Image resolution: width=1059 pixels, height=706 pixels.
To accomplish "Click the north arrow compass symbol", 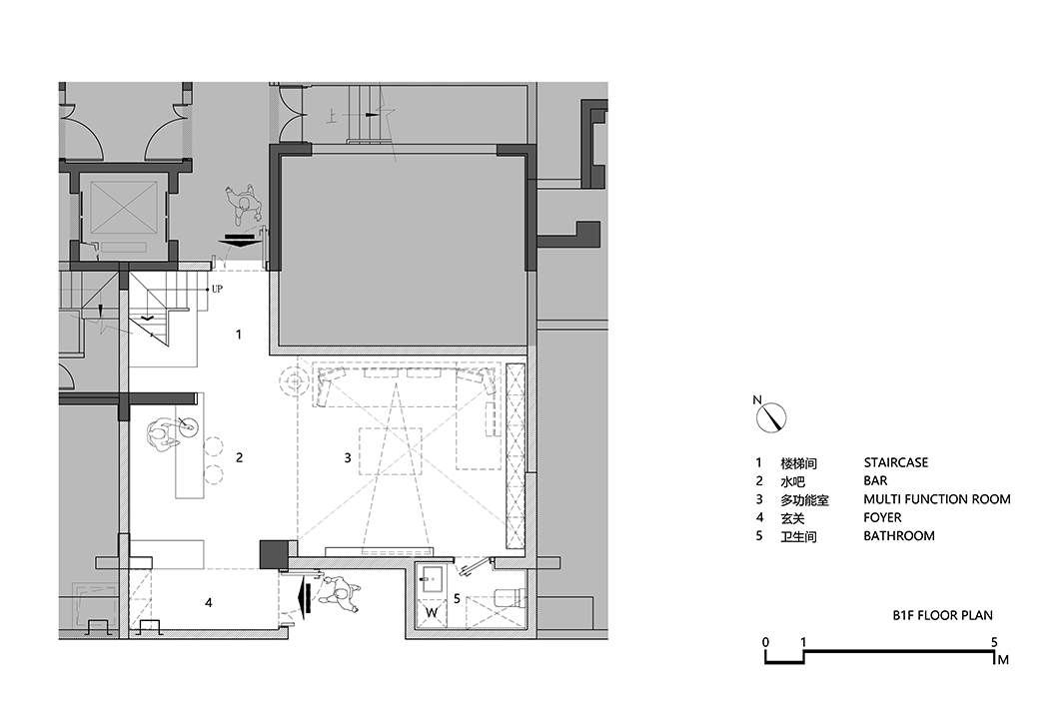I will [775, 417].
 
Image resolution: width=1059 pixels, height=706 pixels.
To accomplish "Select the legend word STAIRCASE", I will [895, 463].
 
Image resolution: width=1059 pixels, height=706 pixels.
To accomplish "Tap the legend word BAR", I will [876, 481].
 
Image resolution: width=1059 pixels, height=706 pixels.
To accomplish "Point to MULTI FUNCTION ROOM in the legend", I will [936, 499].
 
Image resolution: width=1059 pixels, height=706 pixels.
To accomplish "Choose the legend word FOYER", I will [882, 517].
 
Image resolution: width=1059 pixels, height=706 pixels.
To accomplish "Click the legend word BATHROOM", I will [899, 536].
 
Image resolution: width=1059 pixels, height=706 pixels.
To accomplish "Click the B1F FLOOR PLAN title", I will [942, 616].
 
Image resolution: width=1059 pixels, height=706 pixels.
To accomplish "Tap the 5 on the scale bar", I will [994, 642].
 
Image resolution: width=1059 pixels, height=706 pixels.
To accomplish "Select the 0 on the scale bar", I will [765, 642].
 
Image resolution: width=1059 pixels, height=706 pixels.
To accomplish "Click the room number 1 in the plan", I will [238, 334].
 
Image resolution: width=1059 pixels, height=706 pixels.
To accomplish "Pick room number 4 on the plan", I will [208, 602].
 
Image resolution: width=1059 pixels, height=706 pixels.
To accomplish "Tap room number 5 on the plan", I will [457, 599].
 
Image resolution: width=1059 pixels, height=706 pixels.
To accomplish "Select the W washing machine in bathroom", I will [433, 611].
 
